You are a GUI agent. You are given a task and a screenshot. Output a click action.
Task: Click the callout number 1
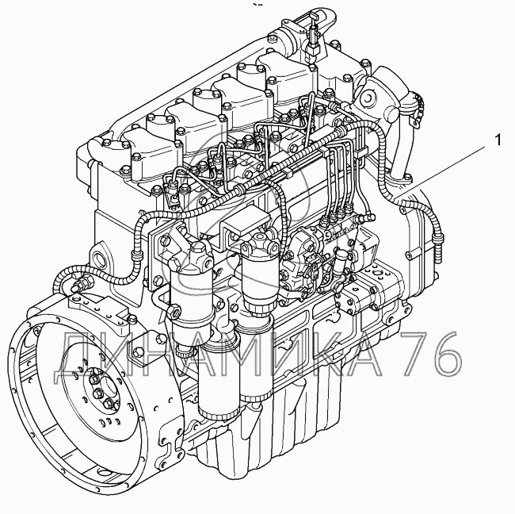click(498, 140)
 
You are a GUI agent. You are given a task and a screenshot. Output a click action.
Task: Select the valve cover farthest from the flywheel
click(286, 76)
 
